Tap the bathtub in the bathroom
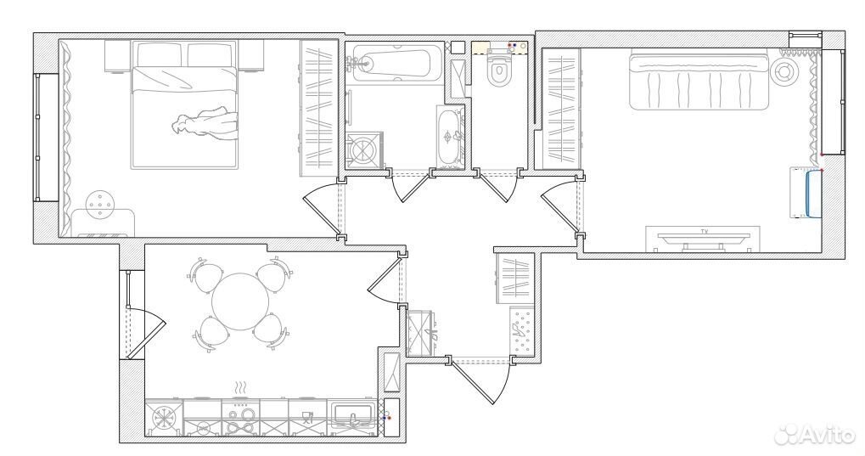tap(391, 62)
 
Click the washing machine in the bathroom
tap(364, 149)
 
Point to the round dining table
tap(240, 302)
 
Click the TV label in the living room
tap(704, 231)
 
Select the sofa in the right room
tap(699, 79)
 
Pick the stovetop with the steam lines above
tap(240, 418)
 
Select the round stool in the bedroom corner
tap(100, 205)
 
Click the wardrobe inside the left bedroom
tap(319, 108)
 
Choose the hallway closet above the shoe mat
tap(514, 278)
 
